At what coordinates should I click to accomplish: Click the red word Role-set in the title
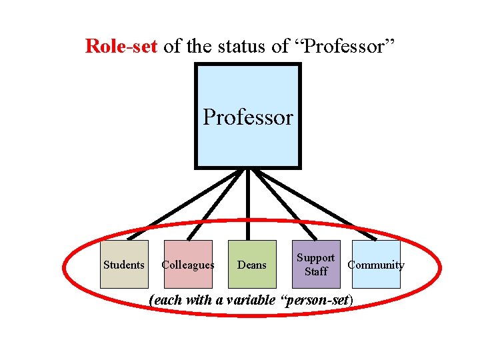pos(121,45)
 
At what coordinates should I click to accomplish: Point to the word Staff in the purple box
pos(315,271)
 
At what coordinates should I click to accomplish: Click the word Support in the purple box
pos(315,258)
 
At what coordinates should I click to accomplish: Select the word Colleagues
pos(188,265)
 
